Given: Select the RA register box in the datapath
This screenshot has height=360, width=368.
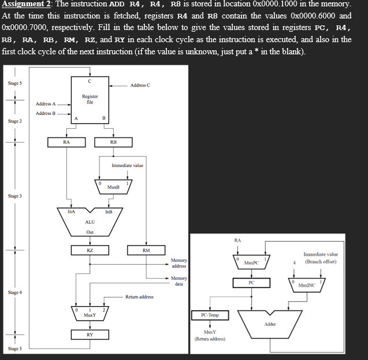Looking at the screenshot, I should point(66,142).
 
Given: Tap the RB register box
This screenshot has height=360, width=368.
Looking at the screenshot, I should point(113,142).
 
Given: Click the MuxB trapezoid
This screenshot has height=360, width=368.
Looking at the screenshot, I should point(113,186).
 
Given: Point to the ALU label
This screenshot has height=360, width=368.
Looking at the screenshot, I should point(90,222).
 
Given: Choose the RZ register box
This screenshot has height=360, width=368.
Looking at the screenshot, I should point(90,250).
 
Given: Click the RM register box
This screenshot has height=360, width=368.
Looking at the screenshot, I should point(146,250).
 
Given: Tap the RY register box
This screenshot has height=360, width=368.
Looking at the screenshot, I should point(90,335).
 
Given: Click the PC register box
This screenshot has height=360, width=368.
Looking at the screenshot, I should point(251,283).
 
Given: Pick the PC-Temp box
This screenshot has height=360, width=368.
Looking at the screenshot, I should point(210,315).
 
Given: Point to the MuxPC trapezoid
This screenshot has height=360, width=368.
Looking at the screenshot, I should point(251,262).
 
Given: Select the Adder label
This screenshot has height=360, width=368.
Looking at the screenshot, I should point(270,325).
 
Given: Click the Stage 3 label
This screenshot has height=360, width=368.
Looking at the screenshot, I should point(15,196).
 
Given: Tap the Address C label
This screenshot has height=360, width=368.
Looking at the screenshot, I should point(140,85).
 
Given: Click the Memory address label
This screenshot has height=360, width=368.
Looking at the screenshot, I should point(179,263).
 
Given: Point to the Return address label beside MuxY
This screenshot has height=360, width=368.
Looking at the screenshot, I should point(139,297).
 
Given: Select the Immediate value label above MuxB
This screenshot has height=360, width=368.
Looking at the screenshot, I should point(127,165).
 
